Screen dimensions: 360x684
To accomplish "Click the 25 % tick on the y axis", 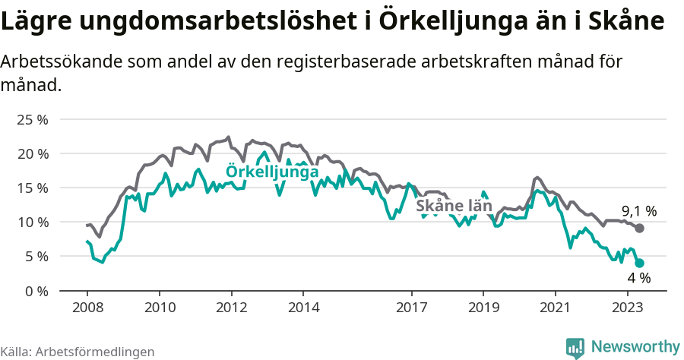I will pos(32,119).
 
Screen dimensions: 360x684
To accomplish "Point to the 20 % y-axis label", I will pos(32,153).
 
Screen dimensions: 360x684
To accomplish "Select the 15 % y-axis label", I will pos(32,188).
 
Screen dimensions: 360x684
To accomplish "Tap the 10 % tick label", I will pos(32,222).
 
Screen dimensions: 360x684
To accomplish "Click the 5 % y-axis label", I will pos(36,256).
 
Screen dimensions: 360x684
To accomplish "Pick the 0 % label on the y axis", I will pos(36,291).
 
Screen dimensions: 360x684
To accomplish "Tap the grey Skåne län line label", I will pos(454,206).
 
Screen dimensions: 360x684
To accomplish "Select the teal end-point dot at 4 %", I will pos(640,263).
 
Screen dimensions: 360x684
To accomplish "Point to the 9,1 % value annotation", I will pos(639,211).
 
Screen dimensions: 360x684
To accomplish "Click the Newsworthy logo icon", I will pos(575,347).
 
